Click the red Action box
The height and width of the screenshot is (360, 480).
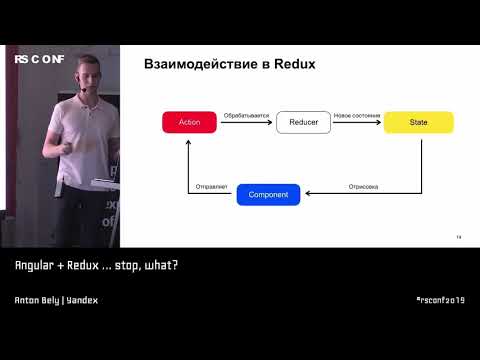click(189, 122)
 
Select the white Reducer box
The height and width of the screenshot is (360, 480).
click(303, 122)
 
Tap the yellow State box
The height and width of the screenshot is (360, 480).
click(418, 122)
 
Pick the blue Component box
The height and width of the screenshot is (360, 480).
click(268, 194)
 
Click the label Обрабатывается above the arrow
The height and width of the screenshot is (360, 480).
click(247, 114)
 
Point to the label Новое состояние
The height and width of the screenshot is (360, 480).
click(357, 114)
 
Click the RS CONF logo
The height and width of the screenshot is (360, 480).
click(39, 60)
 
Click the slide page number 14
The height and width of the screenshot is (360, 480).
click(458, 237)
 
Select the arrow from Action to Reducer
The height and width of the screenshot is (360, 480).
click(246, 123)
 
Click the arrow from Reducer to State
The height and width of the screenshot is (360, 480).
click(357, 123)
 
